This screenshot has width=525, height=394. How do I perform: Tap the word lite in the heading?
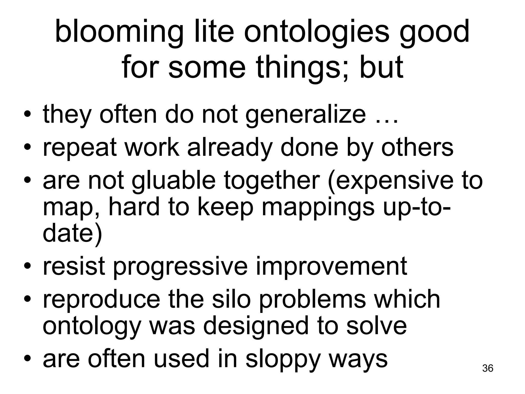point(214,32)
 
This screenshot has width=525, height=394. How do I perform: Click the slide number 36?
point(488,368)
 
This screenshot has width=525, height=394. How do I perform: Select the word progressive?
point(180,267)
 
